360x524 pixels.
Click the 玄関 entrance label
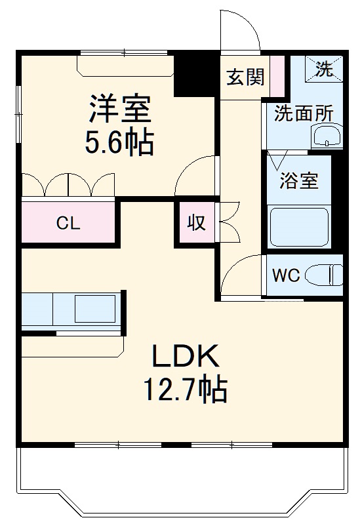tap(246, 77)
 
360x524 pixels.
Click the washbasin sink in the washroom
tap(326, 137)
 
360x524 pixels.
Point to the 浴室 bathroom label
tap(299, 180)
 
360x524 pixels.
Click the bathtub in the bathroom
tap(298, 226)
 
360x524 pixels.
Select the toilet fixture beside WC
tap(325, 274)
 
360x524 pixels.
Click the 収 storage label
tap(196, 224)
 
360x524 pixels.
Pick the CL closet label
tap(68, 223)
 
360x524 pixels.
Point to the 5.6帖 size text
tap(119, 142)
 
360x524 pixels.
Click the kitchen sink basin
tap(95, 308)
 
